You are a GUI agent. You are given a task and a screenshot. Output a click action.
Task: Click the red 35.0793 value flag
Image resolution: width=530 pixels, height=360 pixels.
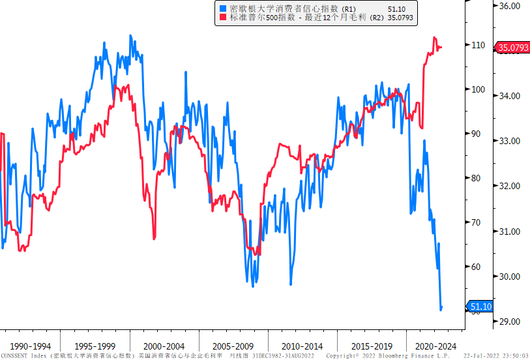coord(513,48)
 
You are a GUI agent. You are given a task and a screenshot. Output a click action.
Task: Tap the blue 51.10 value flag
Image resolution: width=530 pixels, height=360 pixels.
coord(481,307)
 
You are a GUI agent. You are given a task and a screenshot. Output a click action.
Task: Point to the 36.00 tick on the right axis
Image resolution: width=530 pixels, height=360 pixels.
coord(509,6)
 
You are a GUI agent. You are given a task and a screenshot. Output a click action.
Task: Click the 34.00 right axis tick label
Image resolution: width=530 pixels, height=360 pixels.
coord(509,96)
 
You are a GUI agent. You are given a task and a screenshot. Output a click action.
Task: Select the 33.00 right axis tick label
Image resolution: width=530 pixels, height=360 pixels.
coord(509,141)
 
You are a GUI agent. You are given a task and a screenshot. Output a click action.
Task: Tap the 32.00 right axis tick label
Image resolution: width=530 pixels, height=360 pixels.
coord(509,186)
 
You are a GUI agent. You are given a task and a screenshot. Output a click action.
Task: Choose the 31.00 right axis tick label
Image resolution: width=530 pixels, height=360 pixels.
coord(509,232)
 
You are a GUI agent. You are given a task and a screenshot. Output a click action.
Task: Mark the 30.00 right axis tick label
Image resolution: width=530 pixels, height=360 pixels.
coord(509,277)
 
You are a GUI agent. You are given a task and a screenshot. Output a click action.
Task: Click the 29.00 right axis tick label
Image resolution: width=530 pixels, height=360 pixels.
coord(509,322)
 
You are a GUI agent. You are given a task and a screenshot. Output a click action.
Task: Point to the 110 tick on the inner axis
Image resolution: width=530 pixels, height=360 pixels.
coord(479,45)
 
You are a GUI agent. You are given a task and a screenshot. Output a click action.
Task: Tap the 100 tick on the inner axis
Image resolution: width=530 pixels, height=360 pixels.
coord(479,89)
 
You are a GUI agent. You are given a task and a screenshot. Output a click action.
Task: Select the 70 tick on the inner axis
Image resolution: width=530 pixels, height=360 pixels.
coord(479,222)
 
